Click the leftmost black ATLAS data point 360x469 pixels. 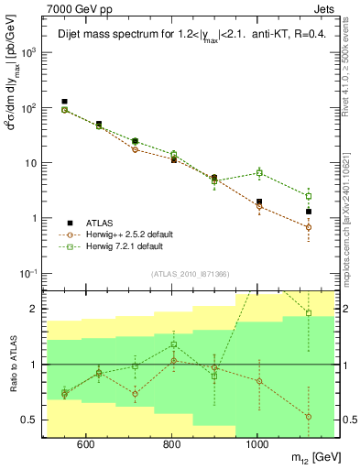coord(64,102)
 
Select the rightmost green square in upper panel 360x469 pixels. coord(309,196)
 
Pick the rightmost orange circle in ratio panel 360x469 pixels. coord(309,416)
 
